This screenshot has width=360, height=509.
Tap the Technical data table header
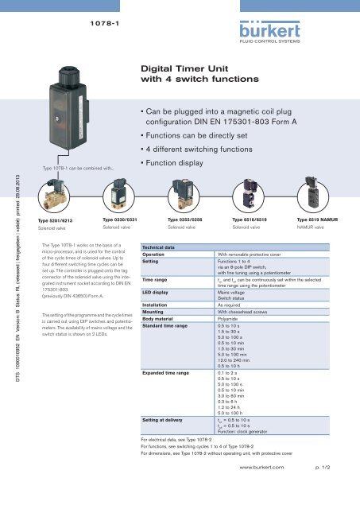coord(157,247)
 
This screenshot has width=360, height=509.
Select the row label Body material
coord(161,318)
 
